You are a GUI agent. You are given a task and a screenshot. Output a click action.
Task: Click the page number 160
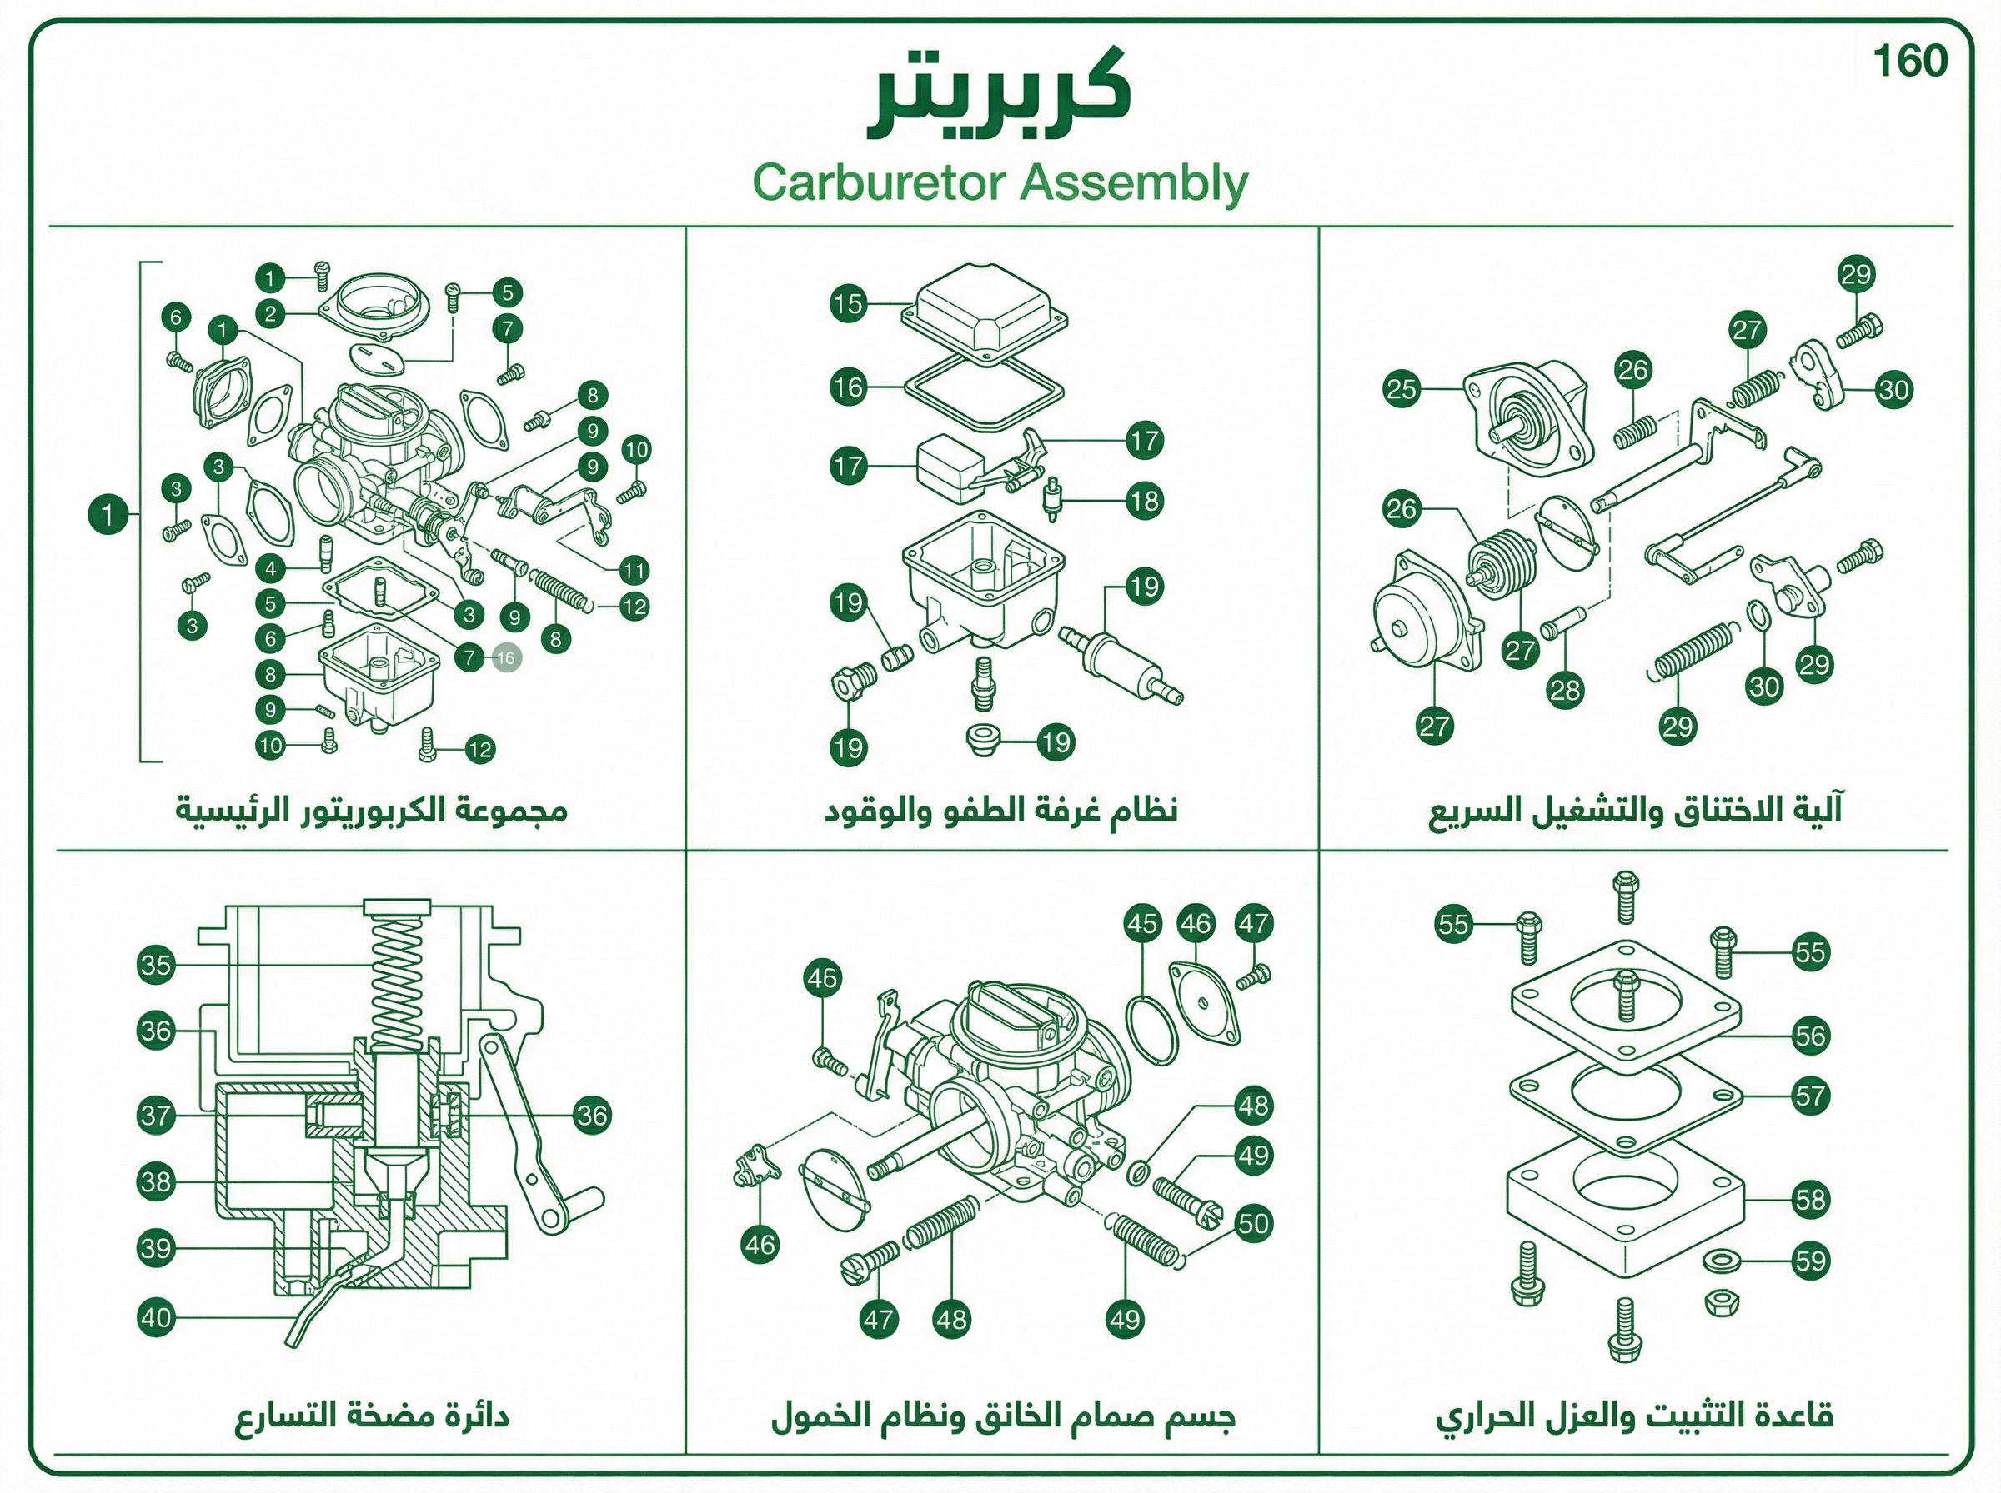1909,62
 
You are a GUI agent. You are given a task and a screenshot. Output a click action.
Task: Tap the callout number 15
848,302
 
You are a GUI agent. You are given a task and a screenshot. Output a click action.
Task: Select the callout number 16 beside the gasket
848,387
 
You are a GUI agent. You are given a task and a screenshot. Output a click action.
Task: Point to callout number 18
1145,501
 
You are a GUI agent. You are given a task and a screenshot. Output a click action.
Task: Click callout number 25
1402,390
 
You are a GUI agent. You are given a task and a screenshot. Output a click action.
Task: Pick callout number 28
1565,691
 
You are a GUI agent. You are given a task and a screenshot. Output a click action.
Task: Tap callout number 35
156,964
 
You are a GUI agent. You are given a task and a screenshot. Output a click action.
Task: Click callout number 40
156,1316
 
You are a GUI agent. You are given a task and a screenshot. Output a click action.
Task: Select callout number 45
1142,923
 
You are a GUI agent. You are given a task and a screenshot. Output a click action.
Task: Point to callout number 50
1253,1224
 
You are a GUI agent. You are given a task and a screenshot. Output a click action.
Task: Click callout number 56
1810,1036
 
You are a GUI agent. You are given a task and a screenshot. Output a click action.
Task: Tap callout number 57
1810,1096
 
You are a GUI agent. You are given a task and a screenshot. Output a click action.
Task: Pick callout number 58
1810,1199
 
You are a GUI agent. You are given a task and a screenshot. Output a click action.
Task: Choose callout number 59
1810,1260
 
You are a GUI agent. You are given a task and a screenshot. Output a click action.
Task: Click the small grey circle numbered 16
506,658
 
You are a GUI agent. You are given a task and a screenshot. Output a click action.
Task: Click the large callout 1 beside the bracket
108,515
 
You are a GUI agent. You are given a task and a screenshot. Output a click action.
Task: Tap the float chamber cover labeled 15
985,313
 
